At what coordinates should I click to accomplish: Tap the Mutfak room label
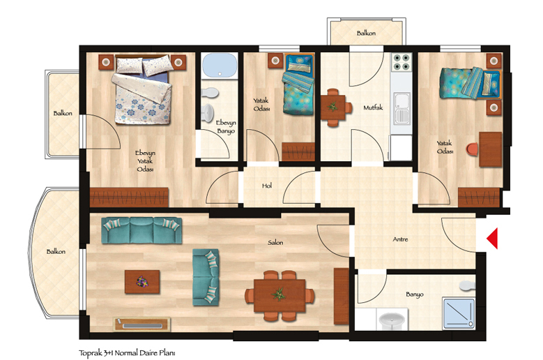[x=373, y=107]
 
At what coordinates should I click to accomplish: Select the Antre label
[x=400, y=239]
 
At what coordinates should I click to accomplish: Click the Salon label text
[x=275, y=243]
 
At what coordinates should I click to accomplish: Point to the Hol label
[x=267, y=186]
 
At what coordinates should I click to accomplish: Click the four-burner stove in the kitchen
[x=401, y=62]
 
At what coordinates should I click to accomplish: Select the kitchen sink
[x=401, y=108]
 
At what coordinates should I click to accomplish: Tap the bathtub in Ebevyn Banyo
[x=220, y=65]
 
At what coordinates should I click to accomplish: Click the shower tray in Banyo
[x=459, y=313]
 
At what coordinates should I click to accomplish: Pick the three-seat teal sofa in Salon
[x=142, y=230]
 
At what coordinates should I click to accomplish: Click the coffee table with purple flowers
[x=142, y=282]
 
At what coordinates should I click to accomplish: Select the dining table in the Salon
[x=280, y=296]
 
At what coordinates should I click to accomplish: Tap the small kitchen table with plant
[x=332, y=107]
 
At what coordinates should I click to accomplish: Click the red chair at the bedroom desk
[x=473, y=149]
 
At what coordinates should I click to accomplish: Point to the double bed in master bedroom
[x=143, y=89]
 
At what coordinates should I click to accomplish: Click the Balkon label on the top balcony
[x=366, y=33]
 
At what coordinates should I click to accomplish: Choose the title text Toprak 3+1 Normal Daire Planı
[x=127, y=353]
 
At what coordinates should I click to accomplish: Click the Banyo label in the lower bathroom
[x=415, y=294]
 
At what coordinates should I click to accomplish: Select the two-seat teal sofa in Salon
[x=206, y=277]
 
